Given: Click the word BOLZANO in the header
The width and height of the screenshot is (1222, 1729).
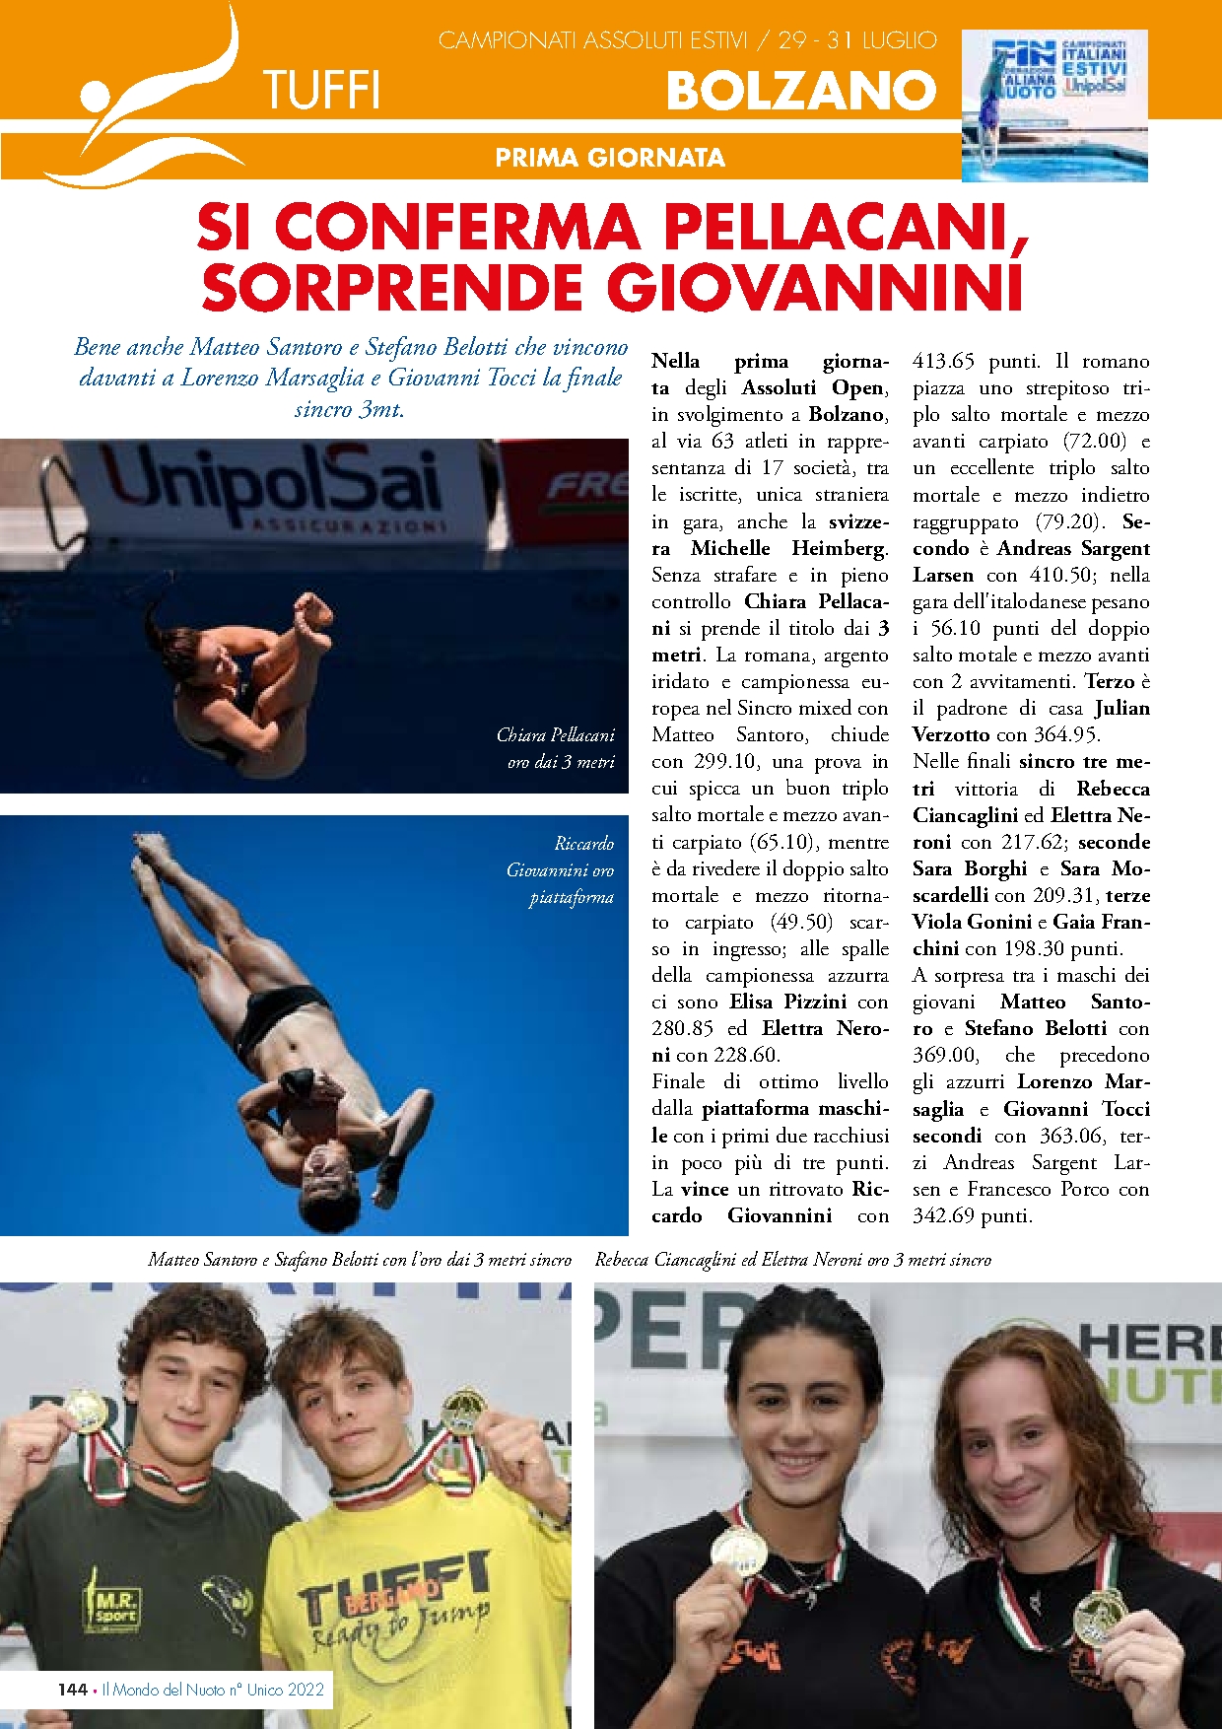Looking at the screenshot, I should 800,92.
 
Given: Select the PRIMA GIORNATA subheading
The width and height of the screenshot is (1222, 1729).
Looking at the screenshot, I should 610,158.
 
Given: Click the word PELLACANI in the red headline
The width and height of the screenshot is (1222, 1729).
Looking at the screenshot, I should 847,228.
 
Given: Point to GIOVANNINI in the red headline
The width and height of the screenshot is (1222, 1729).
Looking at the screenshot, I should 814,288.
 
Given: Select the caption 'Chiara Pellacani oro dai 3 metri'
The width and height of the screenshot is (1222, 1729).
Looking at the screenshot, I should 556,748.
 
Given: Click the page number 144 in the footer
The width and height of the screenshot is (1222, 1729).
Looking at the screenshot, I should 72,1689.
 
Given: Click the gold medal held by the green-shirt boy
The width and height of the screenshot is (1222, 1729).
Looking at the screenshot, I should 86,1411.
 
